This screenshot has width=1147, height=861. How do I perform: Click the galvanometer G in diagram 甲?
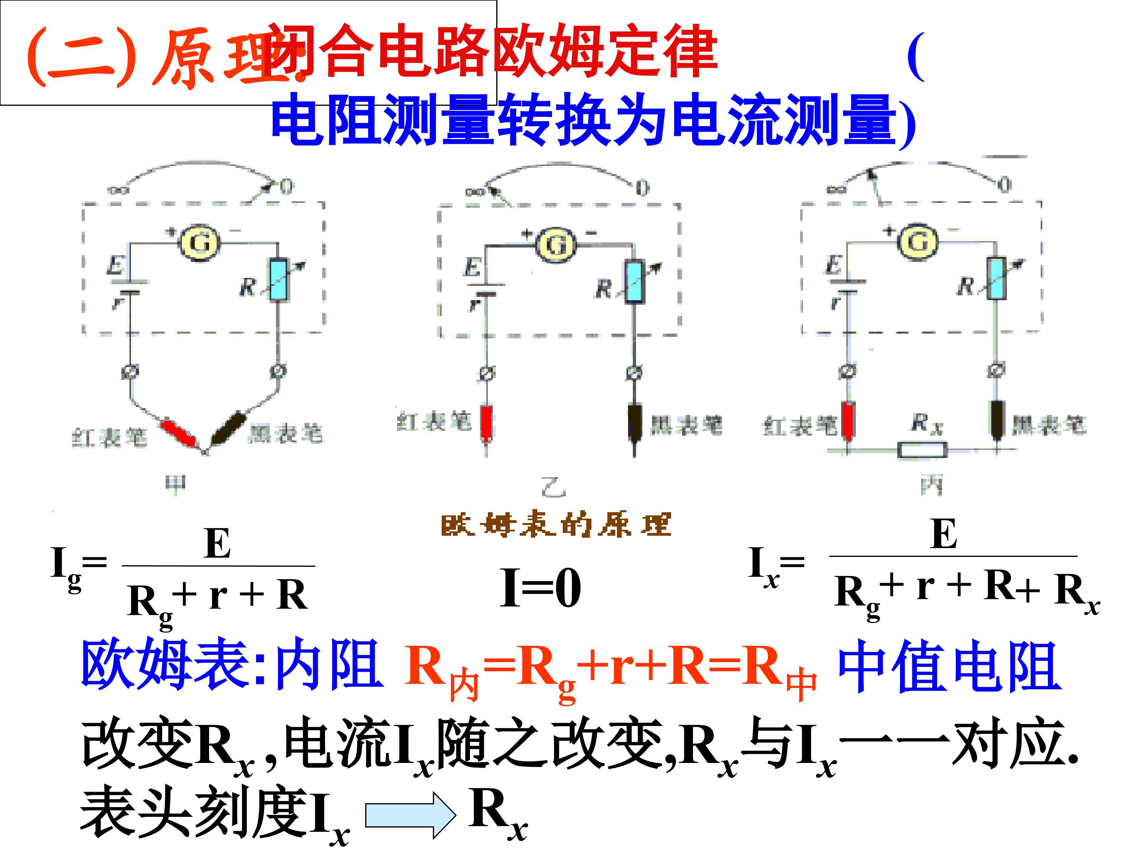[x=200, y=242]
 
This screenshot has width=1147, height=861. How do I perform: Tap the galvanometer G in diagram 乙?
[x=556, y=244]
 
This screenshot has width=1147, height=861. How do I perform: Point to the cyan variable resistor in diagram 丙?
[x=996, y=279]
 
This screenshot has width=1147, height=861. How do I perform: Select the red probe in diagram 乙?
[x=486, y=423]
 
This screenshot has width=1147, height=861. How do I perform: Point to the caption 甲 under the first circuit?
[x=175, y=485]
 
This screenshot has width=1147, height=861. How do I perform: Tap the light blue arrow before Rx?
[x=410, y=815]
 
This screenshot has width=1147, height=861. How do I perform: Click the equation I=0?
[x=540, y=588]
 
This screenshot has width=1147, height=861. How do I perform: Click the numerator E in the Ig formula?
[x=218, y=543]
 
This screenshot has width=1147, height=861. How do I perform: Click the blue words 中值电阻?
[x=949, y=667]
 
